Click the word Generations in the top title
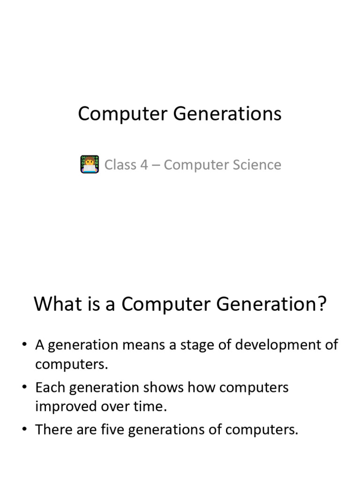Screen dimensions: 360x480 point(227,114)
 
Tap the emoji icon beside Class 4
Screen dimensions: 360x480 point(90,165)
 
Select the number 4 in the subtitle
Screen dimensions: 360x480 point(144,165)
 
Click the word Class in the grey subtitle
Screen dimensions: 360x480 point(120,165)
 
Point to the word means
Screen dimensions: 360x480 point(143,345)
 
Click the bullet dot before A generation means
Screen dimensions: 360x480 point(24,345)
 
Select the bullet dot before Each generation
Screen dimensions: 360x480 point(24,387)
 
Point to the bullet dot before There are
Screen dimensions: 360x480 point(24,429)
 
